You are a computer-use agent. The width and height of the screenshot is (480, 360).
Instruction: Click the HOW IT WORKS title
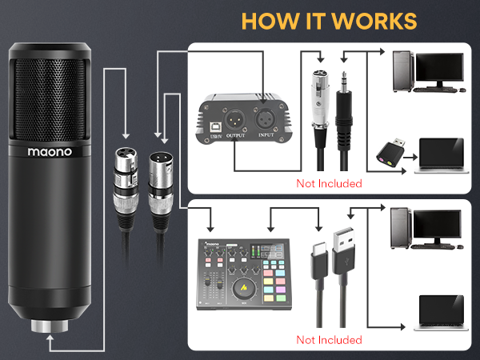(x=329, y=20)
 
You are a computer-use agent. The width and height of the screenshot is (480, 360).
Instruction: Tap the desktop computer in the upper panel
(x=426, y=70)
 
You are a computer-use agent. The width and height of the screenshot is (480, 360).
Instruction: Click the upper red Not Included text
(x=330, y=183)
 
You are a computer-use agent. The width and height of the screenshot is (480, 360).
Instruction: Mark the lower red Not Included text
(x=330, y=339)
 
